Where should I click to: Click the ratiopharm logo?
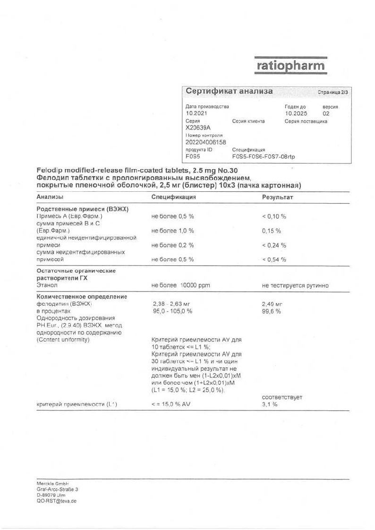pyautogui.click(x=290, y=65)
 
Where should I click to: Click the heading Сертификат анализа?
pyautogui.click(x=229, y=91)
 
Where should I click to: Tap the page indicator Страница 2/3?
pyautogui.click(x=332, y=92)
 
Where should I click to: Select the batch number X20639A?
pyautogui.click(x=198, y=128)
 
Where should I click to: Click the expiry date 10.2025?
pyautogui.click(x=296, y=113)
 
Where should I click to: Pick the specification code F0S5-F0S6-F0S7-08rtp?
pyautogui.click(x=264, y=156)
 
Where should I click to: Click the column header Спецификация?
pyautogui.click(x=174, y=197)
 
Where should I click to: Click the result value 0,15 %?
pyautogui.click(x=272, y=231)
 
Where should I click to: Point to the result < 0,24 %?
pyautogui.click(x=274, y=245)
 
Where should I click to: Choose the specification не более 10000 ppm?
pyautogui.click(x=181, y=285)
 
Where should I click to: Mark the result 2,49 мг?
pyautogui.click(x=272, y=304)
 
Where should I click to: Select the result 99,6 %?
pyautogui.click(x=272, y=311)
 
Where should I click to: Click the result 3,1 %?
pyautogui.click(x=270, y=405)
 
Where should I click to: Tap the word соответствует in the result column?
pyautogui.click(x=282, y=397)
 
